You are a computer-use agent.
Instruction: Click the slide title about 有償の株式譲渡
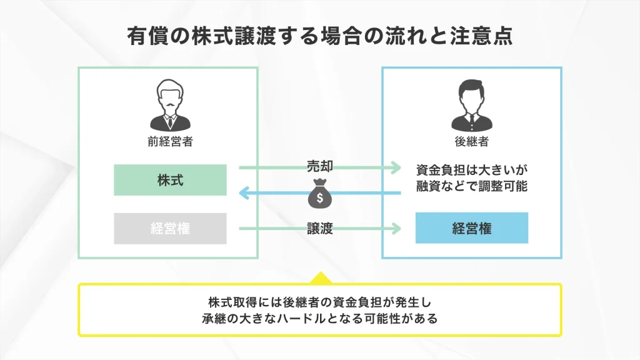pos(319,35)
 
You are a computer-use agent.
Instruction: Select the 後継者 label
pos(472,141)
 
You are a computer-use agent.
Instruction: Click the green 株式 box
pos(170,180)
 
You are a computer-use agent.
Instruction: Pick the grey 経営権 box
pos(170,228)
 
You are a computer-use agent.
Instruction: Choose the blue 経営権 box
pos(472,228)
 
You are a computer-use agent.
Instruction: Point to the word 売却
pos(319,166)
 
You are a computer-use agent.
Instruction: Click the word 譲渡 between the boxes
pos(319,229)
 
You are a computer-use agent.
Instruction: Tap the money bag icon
pos(319,195)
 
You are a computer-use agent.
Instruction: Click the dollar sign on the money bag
pos(319,199)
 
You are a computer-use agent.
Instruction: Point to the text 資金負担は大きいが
pos(472,170)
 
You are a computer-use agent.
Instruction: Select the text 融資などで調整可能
pos(472,186)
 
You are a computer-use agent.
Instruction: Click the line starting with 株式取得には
pos(319,302)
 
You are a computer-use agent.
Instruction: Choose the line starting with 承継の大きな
pos(319,319)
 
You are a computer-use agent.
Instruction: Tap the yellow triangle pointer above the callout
pos(319,277)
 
